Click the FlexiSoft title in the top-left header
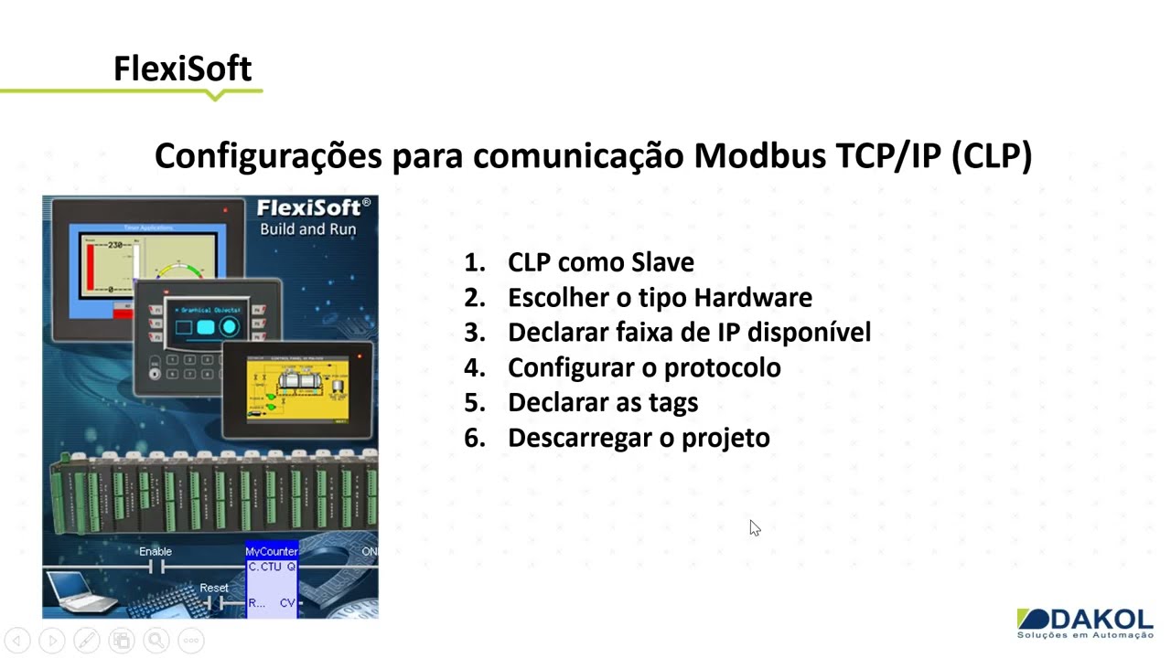pyautogui.click(x=182, y=69)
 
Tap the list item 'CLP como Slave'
pyautogui.click(x=600, y=262)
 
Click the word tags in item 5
pyautogui.click(x=671, y=402)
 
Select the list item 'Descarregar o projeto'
pyautogui.click(x=639, y=438)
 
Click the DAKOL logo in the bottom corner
pyautogui.click(x=1085, y=621)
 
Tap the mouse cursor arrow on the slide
pyautogui.click(x=754, y=527)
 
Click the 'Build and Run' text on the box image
pyautogui.click(x=307, y=229)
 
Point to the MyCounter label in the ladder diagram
pyautogui.click(x=272, y=551)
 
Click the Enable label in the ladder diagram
pyautogui.click(x=156, y=551)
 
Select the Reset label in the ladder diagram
pyautogui.click(x=214, y=588)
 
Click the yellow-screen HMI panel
pyautogui.click(x=297, y=388)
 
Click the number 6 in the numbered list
pyautogui.click(x=473, y=438)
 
